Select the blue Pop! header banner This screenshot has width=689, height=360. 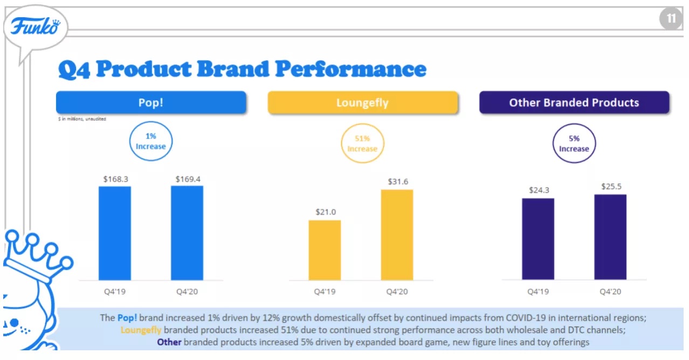(x=151, y=102)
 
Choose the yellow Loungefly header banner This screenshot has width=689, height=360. (x=362, y=102)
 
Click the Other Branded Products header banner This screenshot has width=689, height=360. (x=574, y=102)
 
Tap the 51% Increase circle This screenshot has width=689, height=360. (x=362, y=144)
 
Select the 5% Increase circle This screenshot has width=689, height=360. (x=574, y=143)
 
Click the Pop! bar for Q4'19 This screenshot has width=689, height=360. (x=114, y=233)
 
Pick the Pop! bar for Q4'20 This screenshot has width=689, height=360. (x=187, y=233)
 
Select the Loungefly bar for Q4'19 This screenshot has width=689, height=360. (x=325, y=250)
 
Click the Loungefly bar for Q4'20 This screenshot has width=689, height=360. (x=397, y=235)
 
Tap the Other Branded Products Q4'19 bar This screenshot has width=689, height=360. (x=538, y=239)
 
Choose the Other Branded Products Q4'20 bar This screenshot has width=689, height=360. (x=610, y=237)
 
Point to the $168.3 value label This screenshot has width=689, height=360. (x=115, y=179)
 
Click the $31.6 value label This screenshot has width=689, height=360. (x=398, y=182)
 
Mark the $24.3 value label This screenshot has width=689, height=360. (x=538, y=190)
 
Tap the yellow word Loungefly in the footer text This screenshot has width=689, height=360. (x=141, y=330)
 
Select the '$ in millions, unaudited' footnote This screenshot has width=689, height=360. (x=82, y=119)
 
